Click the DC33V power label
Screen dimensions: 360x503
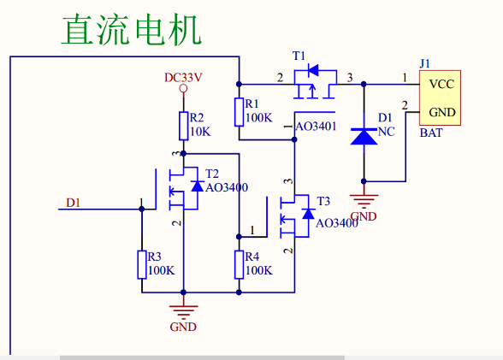point(183,77)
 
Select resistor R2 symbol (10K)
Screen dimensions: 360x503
point(183,126)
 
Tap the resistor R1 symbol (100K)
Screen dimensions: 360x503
point(240,112)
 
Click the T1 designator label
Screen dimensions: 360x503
point(299,56)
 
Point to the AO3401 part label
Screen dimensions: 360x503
point(315,127)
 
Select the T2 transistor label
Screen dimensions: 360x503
point(212,173)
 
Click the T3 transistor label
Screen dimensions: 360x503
point(323,201)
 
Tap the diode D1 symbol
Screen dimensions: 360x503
point(364,134)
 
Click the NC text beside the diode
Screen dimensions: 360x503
point(387,132)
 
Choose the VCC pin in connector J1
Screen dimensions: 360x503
point(441,84)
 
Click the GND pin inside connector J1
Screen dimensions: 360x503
point(441,111)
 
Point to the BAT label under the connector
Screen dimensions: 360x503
point(431,133)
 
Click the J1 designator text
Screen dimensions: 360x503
point(425,62)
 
